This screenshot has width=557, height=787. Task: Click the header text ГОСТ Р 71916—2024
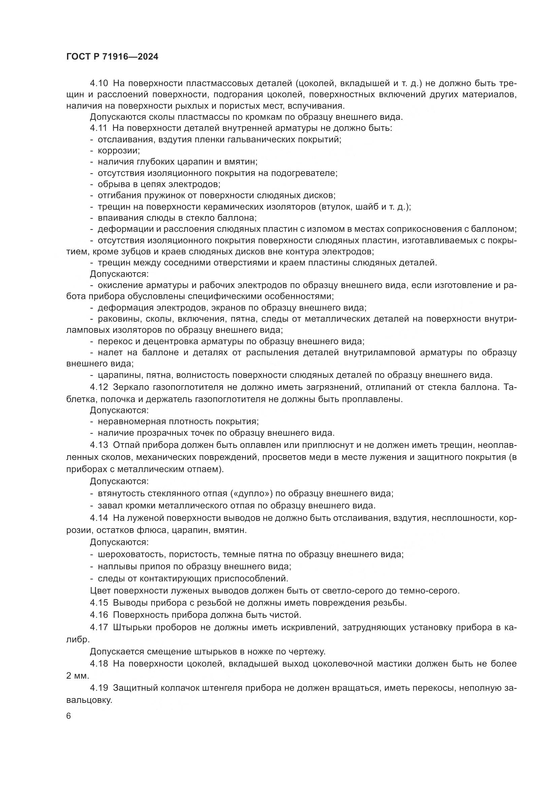[x=112, y=57]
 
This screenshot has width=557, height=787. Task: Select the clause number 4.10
[x=99, y=83]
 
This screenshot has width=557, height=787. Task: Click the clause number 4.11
[x=99, y=128]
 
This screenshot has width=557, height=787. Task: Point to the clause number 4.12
[x=99, y=387]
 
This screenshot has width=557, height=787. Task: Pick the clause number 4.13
[x=99, y=445]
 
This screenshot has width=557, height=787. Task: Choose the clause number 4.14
[x=99, y=518]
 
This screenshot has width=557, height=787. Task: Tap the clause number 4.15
[x=99, y=603]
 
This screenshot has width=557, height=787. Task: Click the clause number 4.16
[x=99, y=615]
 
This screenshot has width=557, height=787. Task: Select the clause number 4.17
[x=99, y=627]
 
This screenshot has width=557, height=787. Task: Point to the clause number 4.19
[x=99, y=688]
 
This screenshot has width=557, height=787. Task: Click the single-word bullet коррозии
[x=119, y=151]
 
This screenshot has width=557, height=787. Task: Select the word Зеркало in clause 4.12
[x=130, y=387]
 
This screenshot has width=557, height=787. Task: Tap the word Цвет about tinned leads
[x=100, y=591]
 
